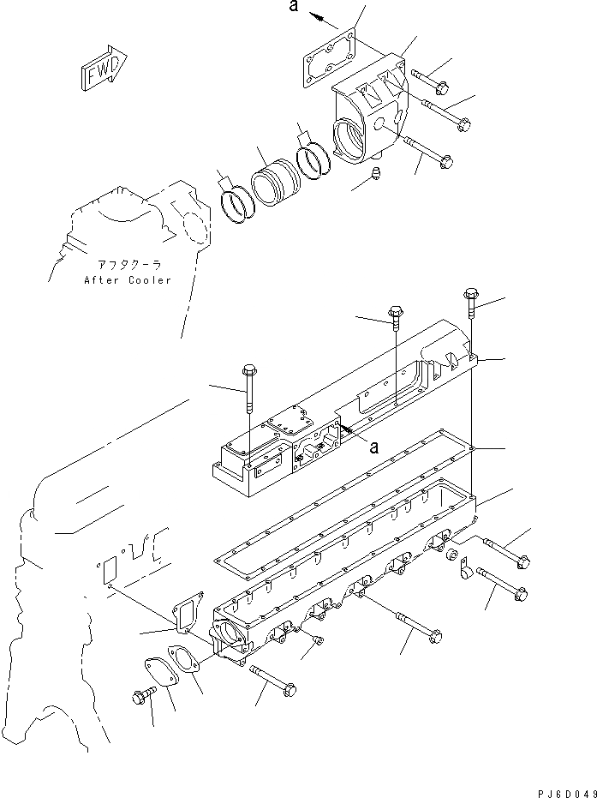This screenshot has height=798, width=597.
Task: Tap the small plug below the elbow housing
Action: point(377,176)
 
